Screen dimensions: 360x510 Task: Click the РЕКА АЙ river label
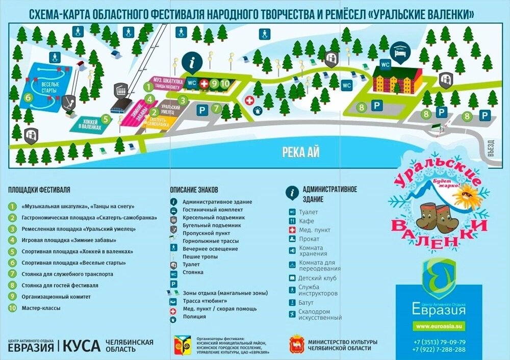click(300, 152)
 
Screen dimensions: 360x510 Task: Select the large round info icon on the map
click(192, 63)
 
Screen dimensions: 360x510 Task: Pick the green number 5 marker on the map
click(106, 119)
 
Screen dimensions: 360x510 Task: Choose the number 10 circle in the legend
click(12, 308)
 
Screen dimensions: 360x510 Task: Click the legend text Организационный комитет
click(56, 297)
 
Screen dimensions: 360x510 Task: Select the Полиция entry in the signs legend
click(194, 317)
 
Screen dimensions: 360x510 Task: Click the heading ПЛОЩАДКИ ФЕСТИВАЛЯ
click(39, 190)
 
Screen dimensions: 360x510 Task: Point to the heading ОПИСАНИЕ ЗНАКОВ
click(196, 190)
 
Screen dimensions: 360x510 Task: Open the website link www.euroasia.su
click(439, 326)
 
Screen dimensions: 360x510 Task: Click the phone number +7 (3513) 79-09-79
click(440, 342)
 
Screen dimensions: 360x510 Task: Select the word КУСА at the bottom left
click(82, 346)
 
